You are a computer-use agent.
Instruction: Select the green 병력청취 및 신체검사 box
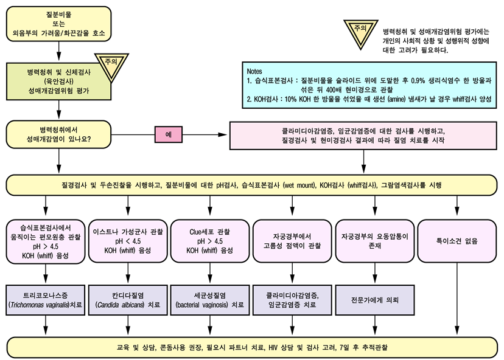tap(58, 81)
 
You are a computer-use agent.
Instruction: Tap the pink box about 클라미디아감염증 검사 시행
tap(364, 134)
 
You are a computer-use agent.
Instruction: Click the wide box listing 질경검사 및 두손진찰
tap(252, 184)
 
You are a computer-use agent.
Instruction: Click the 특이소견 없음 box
tap(457, 240)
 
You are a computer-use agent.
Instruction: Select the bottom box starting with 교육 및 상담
tap(252, 348)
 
